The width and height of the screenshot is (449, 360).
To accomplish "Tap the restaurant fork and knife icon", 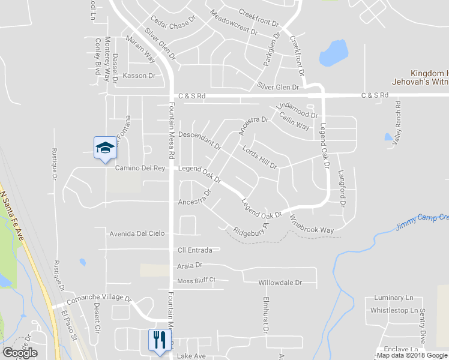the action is [159, 340].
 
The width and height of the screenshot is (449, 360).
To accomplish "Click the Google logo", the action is [20, 353].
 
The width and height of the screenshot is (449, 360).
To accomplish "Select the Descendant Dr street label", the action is [200, 139].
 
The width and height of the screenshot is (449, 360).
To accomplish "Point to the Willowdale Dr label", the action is [279, 282].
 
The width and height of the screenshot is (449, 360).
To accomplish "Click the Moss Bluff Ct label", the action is [196, 280].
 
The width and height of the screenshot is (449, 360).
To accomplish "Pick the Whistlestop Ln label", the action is [394, 310].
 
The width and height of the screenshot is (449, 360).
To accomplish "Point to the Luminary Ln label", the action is [394, 298].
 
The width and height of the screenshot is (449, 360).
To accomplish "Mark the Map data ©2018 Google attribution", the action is [412, 355].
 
